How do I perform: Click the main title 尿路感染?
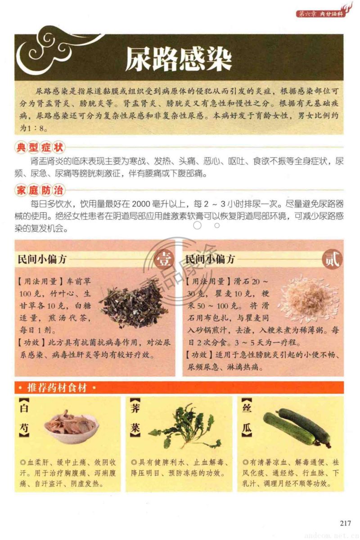click(179, 58)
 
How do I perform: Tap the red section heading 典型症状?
click(40, 147)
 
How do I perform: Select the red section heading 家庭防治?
click(40, 190)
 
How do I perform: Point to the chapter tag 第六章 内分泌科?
click(321, 13)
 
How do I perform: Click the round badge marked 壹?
click(164, 260)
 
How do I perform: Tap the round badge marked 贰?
click(332, 259)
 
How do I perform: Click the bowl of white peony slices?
click(72, 426)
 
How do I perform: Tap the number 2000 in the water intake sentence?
click(141, 204)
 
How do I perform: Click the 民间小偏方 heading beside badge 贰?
click(210, 259)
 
